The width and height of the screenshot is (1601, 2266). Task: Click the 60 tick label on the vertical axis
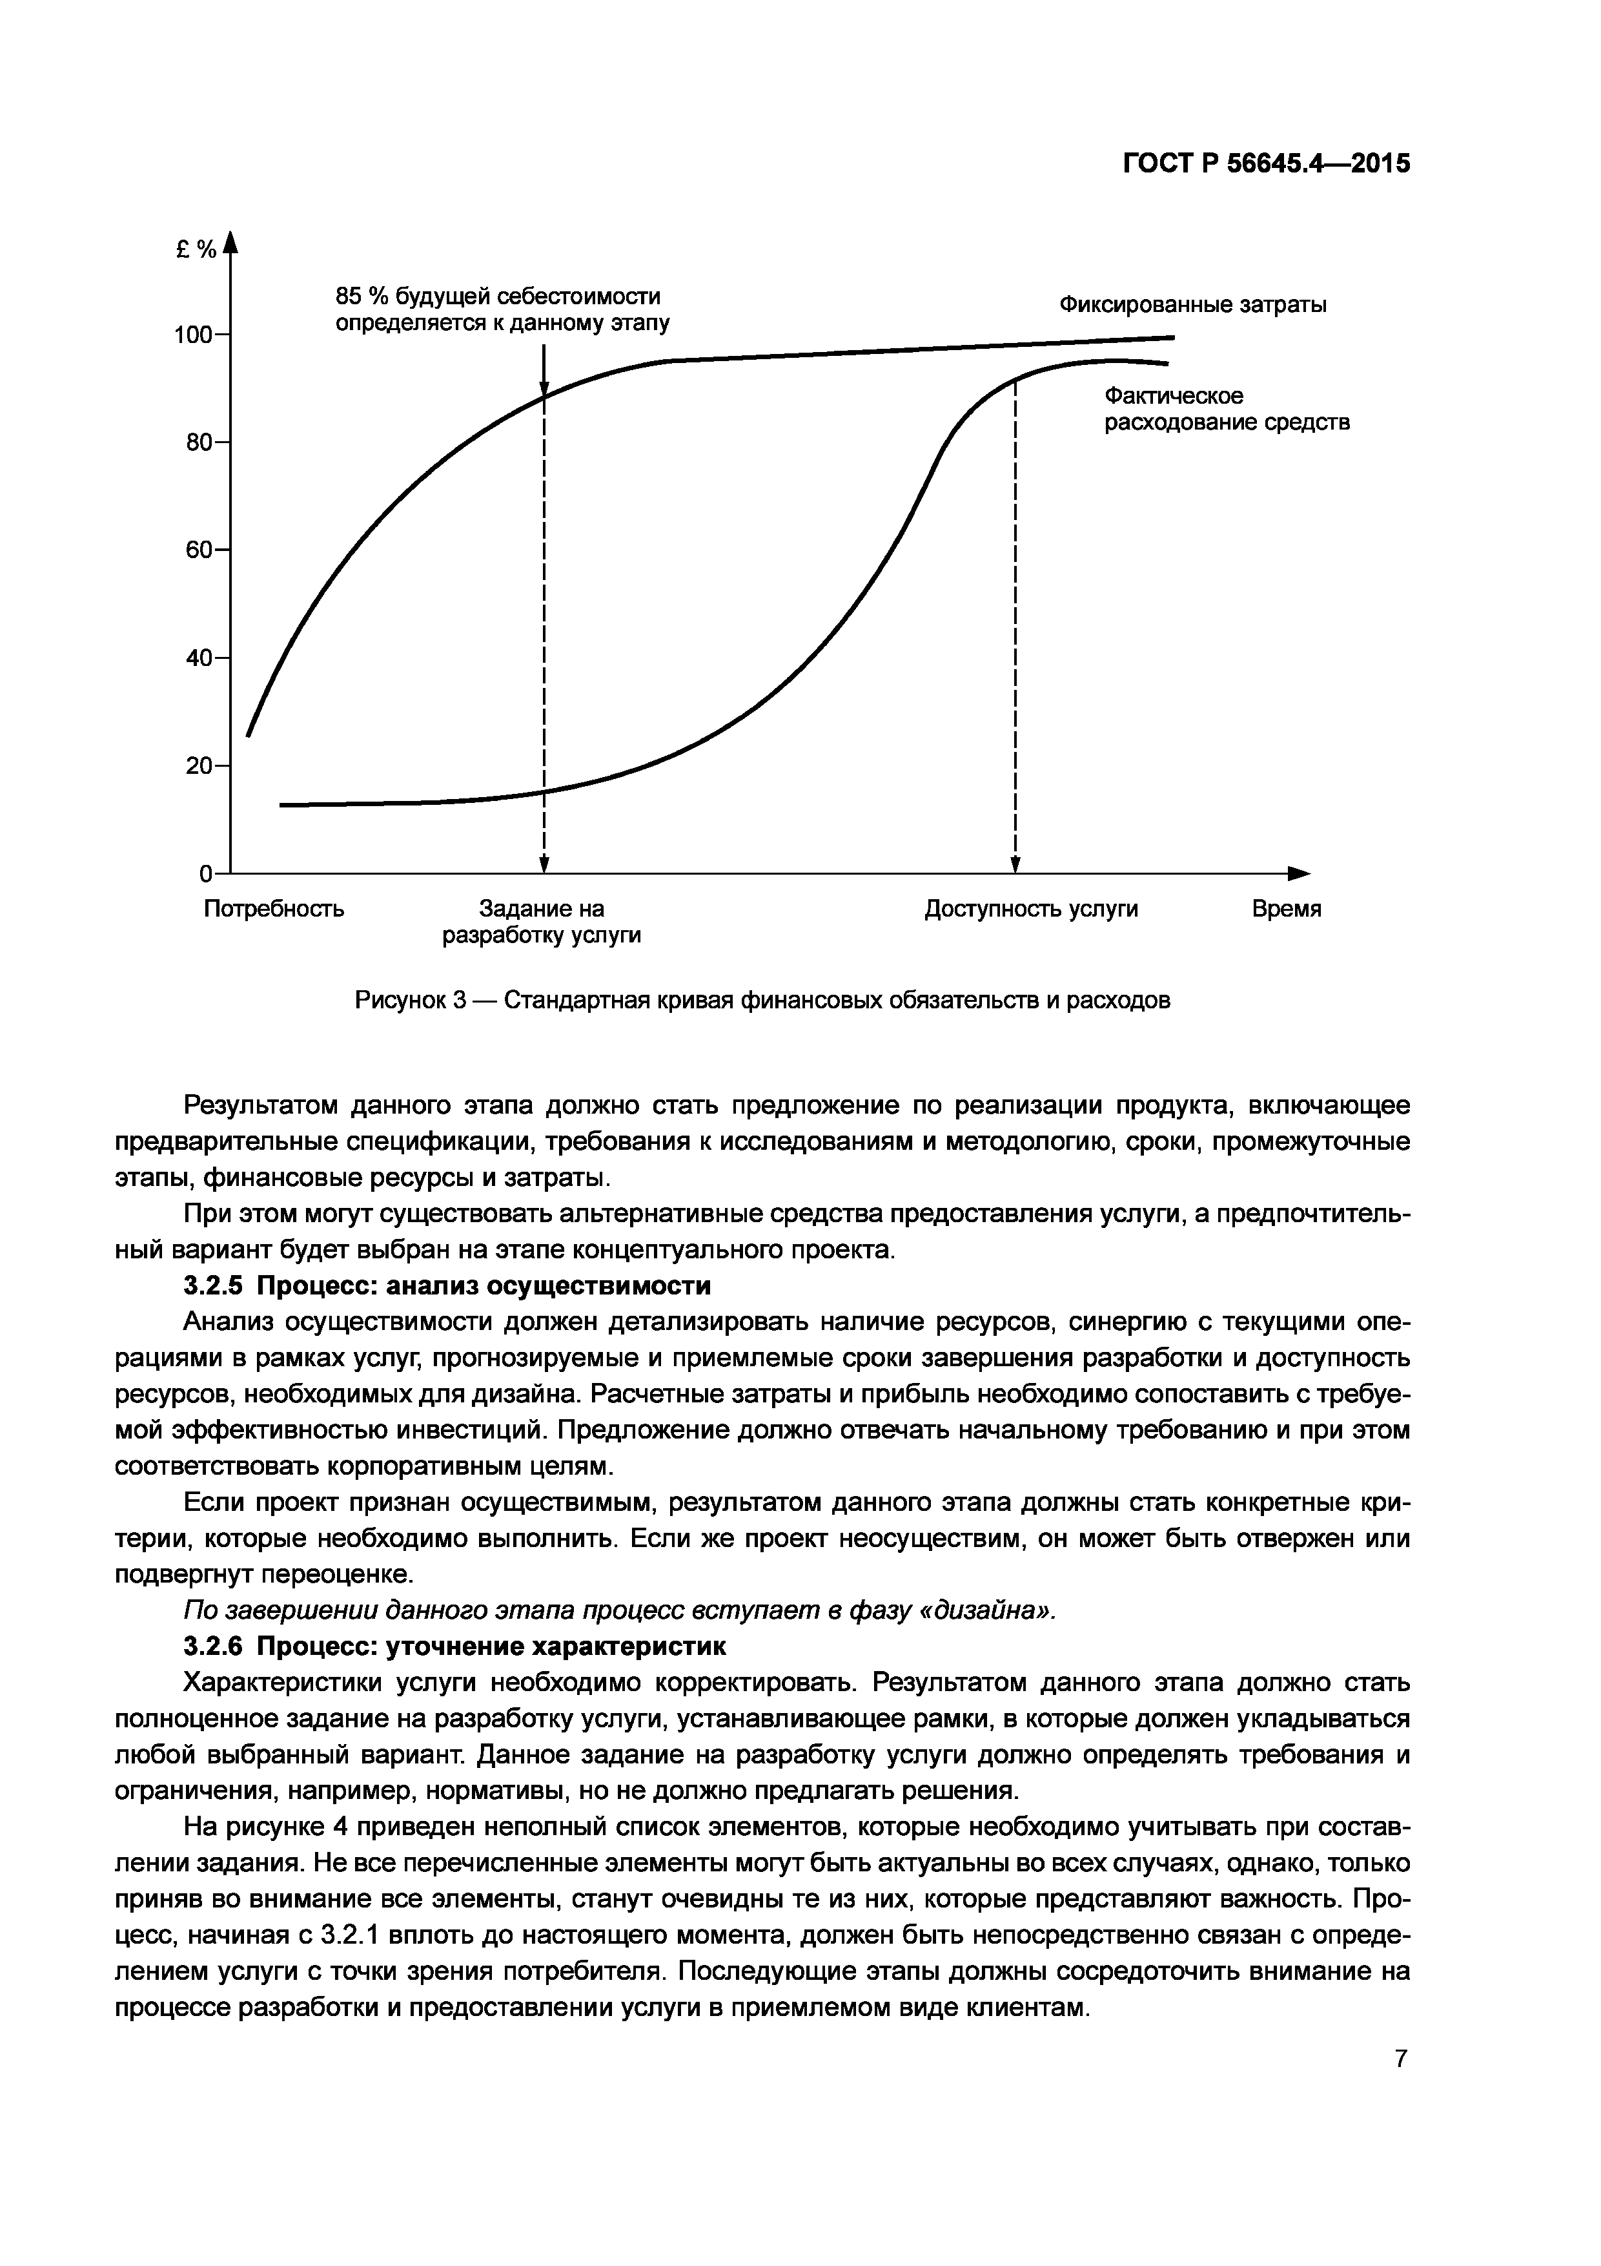tap(199, 550)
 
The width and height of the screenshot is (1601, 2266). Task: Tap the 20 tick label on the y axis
tap(199, 766)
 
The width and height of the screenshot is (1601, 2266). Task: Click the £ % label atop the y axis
tap(196, 251)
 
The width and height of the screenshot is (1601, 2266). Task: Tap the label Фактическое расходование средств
tap(1226, 410)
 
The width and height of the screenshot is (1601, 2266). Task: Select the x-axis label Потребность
tap(274, 909)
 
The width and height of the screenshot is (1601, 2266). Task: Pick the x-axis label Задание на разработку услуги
tap(542, 922)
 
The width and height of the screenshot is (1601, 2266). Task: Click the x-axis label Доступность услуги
tap(1031, 909)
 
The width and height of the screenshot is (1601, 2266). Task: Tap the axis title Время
tap(1287, 909)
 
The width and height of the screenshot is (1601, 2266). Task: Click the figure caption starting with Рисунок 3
tap(762, 1001)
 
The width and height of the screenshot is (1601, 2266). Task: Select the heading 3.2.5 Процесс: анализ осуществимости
tap(447, 1286)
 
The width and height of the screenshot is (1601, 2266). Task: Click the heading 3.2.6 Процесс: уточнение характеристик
tap(454, 1646)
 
